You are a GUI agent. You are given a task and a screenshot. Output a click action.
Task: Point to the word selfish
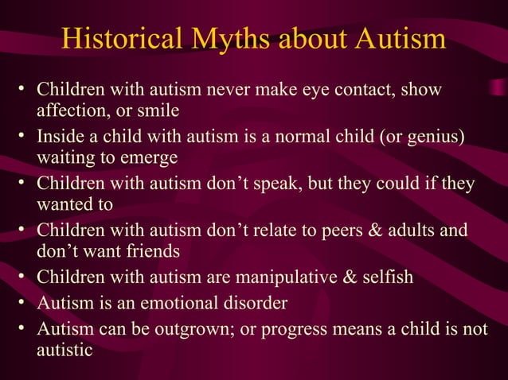coord(386,279)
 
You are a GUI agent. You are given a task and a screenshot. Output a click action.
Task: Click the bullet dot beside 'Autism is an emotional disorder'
coord(23,304)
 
